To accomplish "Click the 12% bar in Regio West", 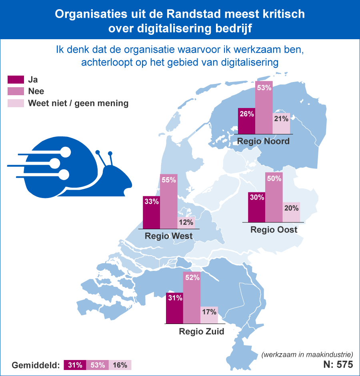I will point(186,222).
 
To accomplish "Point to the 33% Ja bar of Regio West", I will point(151,212).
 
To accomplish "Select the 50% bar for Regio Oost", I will point(274,198).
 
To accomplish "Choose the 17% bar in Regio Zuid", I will point(209,315).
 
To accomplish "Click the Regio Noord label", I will point(263,142).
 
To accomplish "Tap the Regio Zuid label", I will point(201,331).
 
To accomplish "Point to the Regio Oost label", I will point(274,230).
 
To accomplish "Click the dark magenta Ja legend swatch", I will point(16,80).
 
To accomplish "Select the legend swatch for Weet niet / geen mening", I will point(16,103).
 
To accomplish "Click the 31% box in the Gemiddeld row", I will point(75,365).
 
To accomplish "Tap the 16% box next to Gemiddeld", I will point(120,365).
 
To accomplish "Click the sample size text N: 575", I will point(338,365).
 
